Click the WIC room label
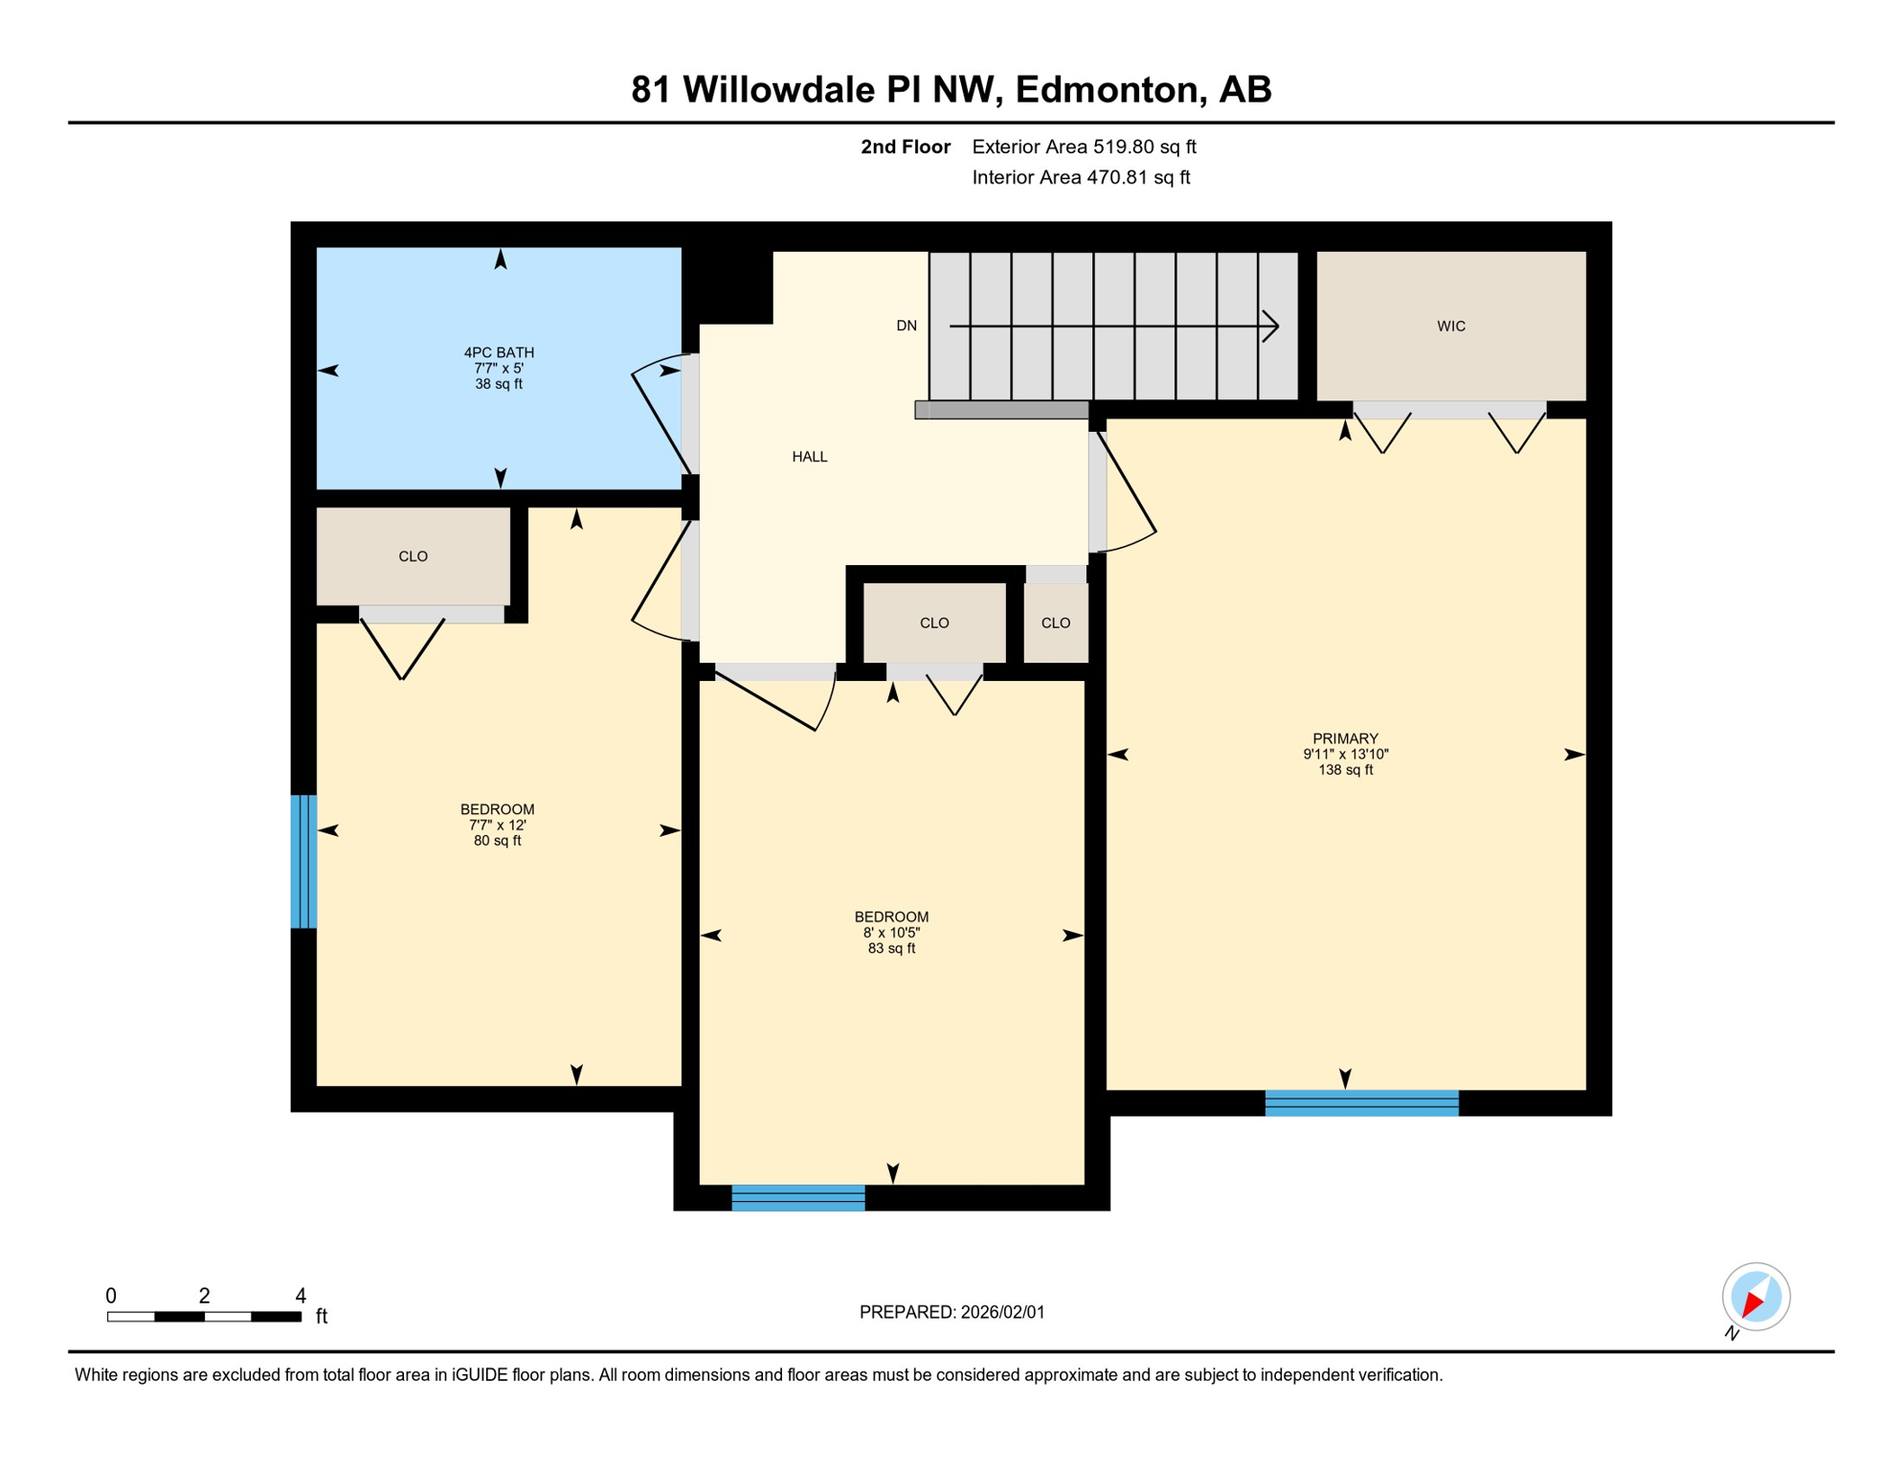click(1450, 327)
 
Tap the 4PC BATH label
click(499, 352)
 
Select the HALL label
click(809, 457)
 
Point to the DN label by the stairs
click(906, 326)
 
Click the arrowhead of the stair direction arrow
click(1273, 326)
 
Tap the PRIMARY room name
click(1345, 738)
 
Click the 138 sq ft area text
click(1345, 770)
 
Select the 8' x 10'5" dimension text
click(891, 933)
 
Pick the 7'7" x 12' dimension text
click(497, 826)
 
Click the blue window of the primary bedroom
click(1361, 1103)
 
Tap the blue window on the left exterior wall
click(303, 861)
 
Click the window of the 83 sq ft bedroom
click(798, 1198)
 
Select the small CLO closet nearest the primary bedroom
click(1055, 623)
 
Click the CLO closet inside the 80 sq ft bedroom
click(413, 556)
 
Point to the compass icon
click(1756, 1297)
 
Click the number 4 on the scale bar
click(300, 1296)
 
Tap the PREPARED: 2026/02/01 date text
click(951, 1312)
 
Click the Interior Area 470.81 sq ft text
click(1081, 177)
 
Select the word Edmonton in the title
click(1106, 89)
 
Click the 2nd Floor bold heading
click(905, 147)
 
